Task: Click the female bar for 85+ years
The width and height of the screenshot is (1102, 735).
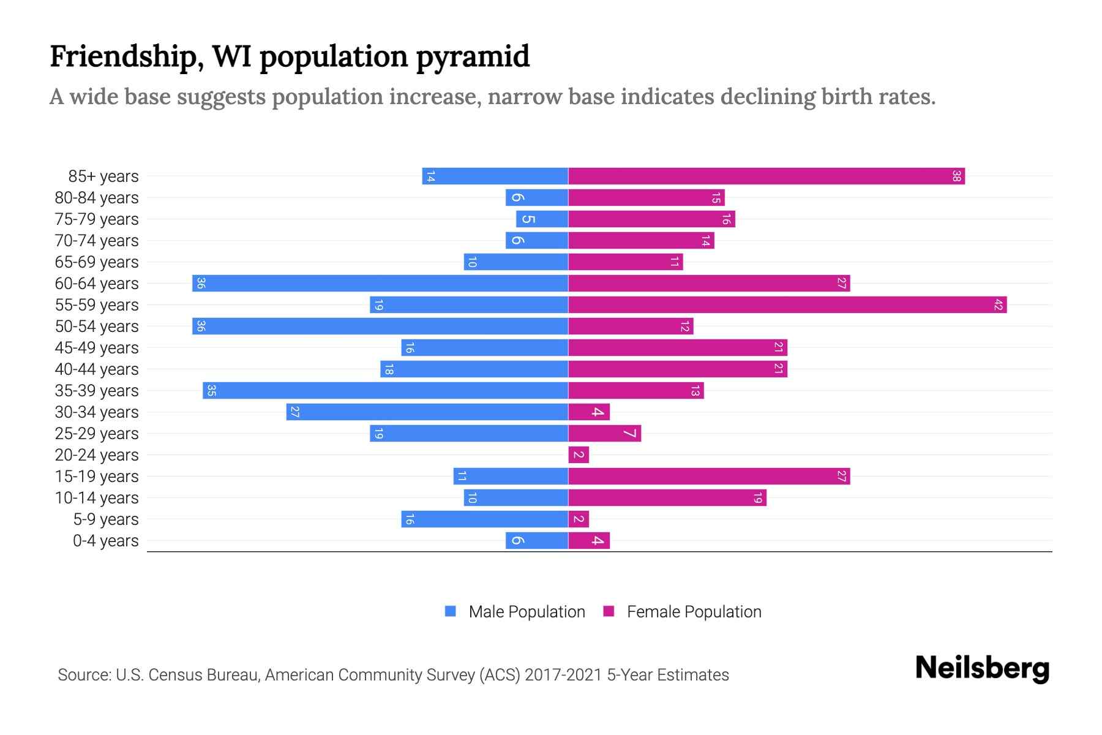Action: coord(765,176)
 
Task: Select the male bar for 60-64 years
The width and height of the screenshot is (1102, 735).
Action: coord(380,284)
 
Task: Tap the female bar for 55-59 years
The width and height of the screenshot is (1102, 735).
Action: coord(787,305)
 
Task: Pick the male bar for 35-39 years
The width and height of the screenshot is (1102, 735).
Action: coord(386,391)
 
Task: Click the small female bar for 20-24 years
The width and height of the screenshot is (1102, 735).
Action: coord(579,455)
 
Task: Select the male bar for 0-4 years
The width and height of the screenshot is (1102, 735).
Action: coord(537,541)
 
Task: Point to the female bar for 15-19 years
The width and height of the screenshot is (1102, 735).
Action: coord(709,477)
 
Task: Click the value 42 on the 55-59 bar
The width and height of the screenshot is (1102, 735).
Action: coord(998,305)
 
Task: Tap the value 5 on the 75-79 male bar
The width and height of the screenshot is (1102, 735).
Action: coord(528,219)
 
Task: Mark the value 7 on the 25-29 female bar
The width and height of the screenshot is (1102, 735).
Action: coord(630,434)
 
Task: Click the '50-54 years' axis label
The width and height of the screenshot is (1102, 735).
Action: coord(97,326)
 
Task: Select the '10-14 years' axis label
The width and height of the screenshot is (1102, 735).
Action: coord(97,498)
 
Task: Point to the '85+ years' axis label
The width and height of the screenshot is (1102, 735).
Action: coord(103,176)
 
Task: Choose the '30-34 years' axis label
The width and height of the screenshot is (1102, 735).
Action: coord(97,412)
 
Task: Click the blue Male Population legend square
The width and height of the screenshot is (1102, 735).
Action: coord(451,611)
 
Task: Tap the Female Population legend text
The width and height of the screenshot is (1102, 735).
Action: coord(694,612)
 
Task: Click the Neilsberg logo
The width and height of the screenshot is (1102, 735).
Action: coord(982,668)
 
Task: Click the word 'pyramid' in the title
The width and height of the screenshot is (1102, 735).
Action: coord(473,57)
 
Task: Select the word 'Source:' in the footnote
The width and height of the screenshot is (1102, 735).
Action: coord(84,675)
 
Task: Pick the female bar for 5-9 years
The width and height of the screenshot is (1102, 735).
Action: coord(579,519)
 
